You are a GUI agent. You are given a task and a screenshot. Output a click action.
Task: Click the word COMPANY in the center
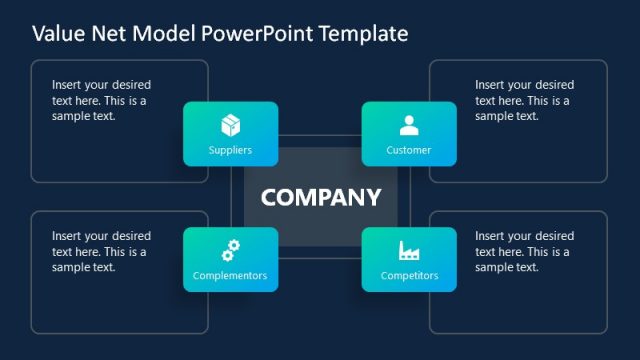321,197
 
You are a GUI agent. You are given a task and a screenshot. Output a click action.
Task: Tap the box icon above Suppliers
230,126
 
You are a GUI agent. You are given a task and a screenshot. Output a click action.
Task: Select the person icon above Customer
408,126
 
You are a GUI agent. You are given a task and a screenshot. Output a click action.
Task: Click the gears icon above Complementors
230,250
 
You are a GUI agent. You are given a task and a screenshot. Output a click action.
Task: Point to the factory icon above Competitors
408,250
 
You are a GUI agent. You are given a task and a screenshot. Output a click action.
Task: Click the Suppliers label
230,150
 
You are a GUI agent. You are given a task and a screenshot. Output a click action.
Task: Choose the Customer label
408,150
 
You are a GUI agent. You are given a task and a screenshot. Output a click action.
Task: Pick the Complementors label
230,275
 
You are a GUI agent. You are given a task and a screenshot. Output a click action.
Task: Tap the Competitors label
408,275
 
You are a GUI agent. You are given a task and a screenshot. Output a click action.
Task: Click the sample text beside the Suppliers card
102,100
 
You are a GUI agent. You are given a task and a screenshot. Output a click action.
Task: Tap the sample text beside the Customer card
524,100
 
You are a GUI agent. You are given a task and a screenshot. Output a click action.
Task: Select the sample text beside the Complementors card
102,251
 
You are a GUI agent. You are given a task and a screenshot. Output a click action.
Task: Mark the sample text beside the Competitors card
524,251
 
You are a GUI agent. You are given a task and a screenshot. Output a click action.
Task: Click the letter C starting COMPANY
269,197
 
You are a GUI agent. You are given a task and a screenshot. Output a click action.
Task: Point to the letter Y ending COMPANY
372,197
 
